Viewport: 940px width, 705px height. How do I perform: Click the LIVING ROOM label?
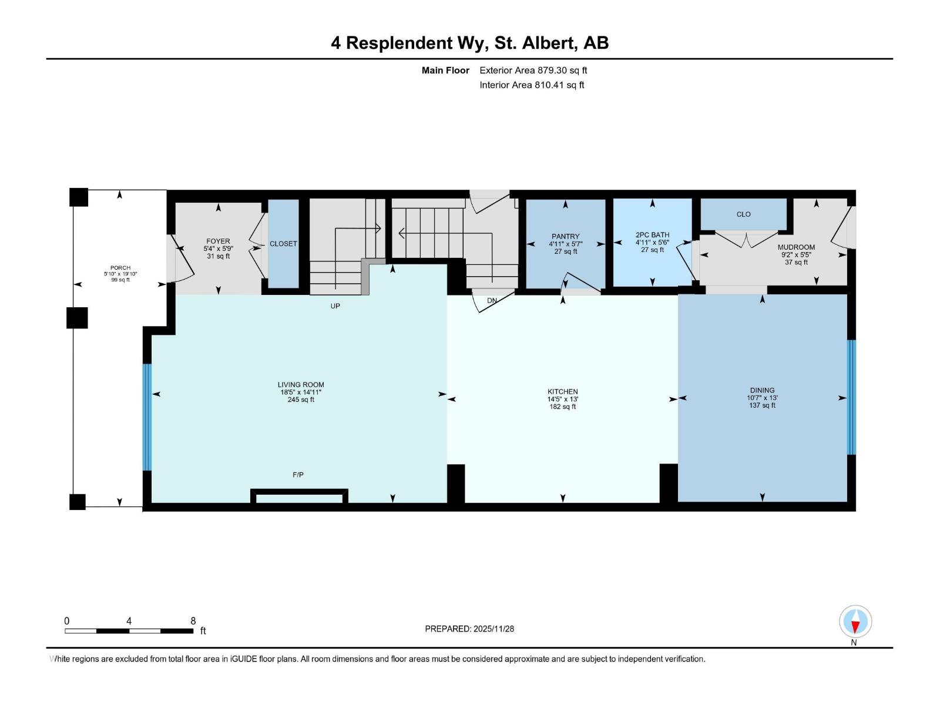(x=301, y=385)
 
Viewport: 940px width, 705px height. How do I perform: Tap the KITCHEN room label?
(x=562, y=392)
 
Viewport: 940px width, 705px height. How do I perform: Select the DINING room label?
(x=762, y=390)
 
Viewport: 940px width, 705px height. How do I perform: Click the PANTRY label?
(x=565, y=237)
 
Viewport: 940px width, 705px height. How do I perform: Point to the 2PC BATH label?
(x=652, y=235)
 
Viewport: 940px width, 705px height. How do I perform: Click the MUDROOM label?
(x=796, y=247)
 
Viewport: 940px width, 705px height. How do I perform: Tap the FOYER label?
(x=218, y=241)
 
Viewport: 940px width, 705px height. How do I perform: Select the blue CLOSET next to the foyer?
(x=283, y=244)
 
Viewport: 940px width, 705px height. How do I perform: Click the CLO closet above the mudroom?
(x=743, y=214)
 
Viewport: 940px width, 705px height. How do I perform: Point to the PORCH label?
(x=120, y=268)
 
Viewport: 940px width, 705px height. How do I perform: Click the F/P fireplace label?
(x=298, y=475)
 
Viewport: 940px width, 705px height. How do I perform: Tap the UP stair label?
(x=335, y=306)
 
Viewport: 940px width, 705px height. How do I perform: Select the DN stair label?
(x=492, y=301)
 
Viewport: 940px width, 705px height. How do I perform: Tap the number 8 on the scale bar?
(x=193, y=621)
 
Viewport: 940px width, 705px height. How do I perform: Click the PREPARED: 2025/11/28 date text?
(x=469, y=629)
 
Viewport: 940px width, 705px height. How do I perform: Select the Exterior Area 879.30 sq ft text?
(x=533, y=70)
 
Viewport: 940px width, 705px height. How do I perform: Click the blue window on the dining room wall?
(x=851, y=397)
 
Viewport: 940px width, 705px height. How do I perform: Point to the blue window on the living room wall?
(x=147, y=417)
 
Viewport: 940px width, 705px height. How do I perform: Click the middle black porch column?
(x=77, y=318)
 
